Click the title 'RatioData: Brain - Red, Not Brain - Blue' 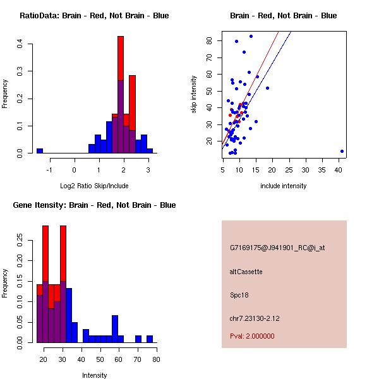(94, 16)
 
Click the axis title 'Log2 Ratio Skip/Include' (94, 185)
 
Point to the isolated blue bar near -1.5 (40, 150)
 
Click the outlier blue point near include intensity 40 (342, 151)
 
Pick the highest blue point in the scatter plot (251, 37)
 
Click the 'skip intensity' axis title (194, 95)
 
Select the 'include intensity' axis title (284, 186)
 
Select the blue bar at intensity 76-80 (150, 339)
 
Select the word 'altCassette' (246, 272)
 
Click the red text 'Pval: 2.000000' (252, 336)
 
